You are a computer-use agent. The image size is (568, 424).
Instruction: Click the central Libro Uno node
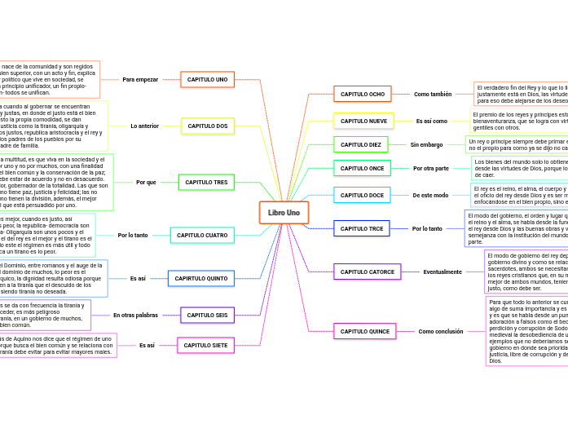pos(284,213)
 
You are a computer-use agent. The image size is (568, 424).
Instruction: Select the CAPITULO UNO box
pos(208,79)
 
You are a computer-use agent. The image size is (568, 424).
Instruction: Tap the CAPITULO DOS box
pos(208,126)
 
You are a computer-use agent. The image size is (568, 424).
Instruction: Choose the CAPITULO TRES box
pos(206,182)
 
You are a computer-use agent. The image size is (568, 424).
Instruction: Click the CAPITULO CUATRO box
pos(202,235)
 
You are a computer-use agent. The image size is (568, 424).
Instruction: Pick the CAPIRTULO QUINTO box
pos(201,278)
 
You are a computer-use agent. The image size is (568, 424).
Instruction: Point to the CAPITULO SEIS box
pos(207,315)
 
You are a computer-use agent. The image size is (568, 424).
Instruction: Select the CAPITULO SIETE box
pos(205,345)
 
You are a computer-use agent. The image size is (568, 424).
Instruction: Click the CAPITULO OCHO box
pos(362,94)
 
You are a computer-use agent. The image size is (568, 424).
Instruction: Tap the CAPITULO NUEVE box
pos(363,121)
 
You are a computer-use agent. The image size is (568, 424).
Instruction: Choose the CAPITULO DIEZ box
pos(360,144)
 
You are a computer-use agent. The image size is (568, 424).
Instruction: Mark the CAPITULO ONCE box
pos(362,168)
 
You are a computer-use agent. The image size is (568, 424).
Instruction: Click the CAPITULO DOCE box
pos(362,195)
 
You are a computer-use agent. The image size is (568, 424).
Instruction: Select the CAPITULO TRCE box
pos(362,228)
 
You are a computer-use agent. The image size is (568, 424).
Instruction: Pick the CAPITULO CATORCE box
pos(367,272)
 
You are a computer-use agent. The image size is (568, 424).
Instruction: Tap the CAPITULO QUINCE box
pos(364,331)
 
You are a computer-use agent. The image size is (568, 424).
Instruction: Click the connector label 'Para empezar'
pos(140,79)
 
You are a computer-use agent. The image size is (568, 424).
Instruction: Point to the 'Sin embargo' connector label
pos(426,144)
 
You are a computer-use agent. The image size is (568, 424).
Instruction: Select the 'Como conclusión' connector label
pos(441,331)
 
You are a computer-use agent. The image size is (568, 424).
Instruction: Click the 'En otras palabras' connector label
pos(135,315)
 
